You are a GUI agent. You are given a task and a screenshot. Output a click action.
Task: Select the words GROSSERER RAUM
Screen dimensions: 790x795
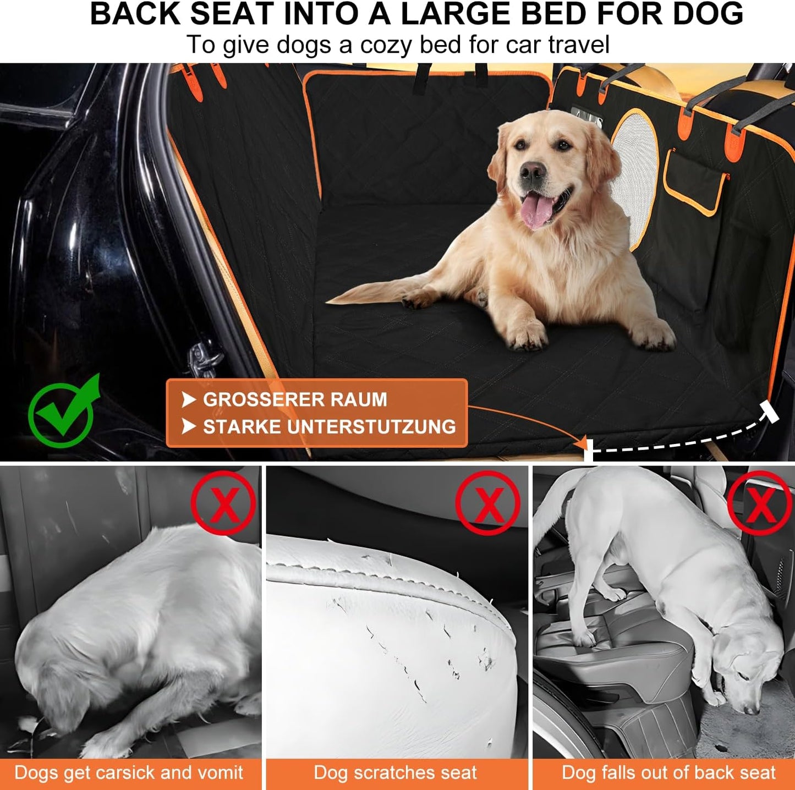[x=295, y=399]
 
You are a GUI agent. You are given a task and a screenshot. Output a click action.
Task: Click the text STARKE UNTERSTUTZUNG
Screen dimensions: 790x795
[x=329, y=427]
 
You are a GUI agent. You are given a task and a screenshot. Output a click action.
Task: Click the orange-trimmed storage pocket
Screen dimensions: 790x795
[x=694, y=182]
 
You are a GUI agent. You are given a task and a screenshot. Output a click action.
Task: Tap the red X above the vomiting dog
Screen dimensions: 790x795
[x=223, y=502]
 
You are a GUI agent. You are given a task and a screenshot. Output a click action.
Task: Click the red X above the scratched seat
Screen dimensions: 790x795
[x=487, y=503]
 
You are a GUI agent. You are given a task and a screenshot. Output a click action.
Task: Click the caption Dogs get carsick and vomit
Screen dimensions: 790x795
[x=129, y=772]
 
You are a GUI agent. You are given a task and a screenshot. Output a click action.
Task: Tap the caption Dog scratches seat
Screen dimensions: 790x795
[x=395, y=772]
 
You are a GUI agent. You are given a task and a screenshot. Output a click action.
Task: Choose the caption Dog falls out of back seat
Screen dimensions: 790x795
[x=668, y=772]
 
